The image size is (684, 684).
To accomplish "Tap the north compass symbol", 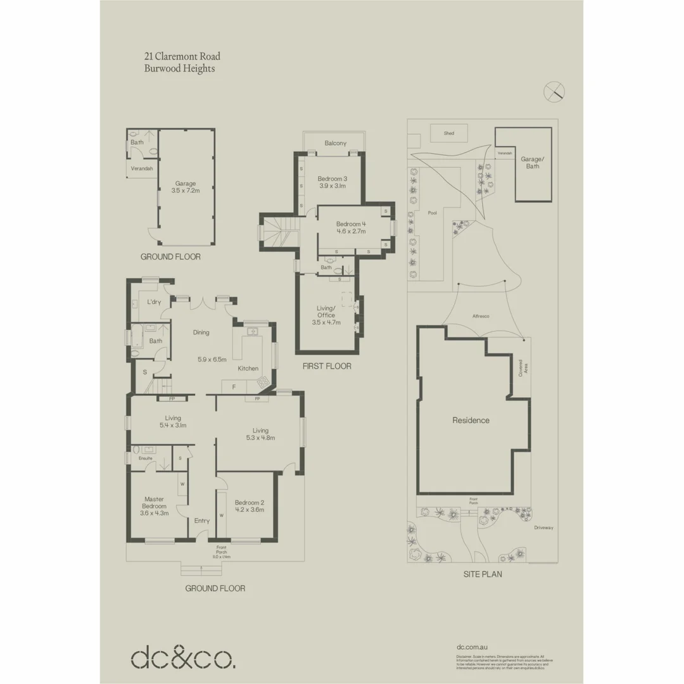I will pos(554,91).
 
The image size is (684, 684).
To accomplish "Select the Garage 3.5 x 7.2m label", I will pos(186,187).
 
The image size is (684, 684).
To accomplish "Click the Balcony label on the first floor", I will pos(335,143).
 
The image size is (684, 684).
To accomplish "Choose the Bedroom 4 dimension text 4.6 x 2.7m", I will pos(351,232).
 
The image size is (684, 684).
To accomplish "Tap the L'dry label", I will pos(153,302).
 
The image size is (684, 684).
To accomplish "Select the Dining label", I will pos(201,332).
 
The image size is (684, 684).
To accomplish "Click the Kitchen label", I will pos(248,368).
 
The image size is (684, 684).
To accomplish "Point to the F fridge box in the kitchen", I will pos(234,386).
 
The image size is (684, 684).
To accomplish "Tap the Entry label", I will pos(202,521).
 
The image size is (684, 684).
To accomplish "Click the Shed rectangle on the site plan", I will pos(448,134).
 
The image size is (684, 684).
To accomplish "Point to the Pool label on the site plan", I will pos(433,213).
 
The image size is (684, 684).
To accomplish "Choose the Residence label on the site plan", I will pos(471,420).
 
